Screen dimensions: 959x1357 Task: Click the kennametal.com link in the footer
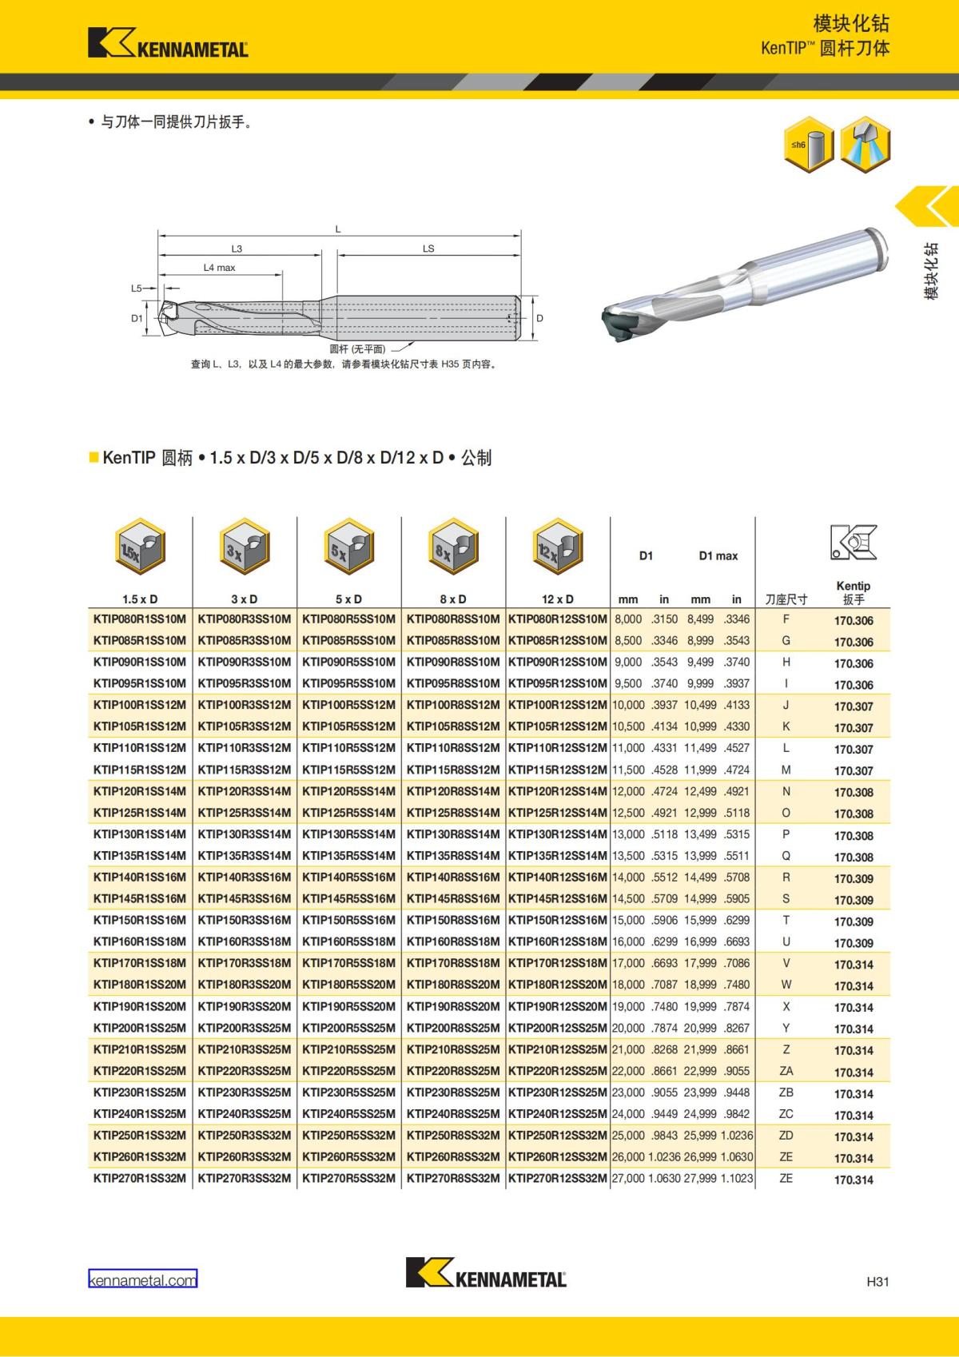tap(142, 1279)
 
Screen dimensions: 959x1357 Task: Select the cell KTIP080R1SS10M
tap(139, 619)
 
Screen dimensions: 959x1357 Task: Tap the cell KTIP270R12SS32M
tap(557, 1178)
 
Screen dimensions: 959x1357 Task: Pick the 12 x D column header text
tap(557, 599)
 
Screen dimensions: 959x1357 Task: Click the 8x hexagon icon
tap(453, 546)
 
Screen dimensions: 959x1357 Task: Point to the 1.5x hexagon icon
tap(140, 546)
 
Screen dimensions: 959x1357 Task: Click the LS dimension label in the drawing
tap(428, 249)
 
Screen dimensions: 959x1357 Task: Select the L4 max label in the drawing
tap(219, 267)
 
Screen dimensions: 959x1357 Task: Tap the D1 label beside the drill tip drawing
tap(137, 318)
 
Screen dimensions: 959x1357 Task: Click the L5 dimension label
tap(137, 289)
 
